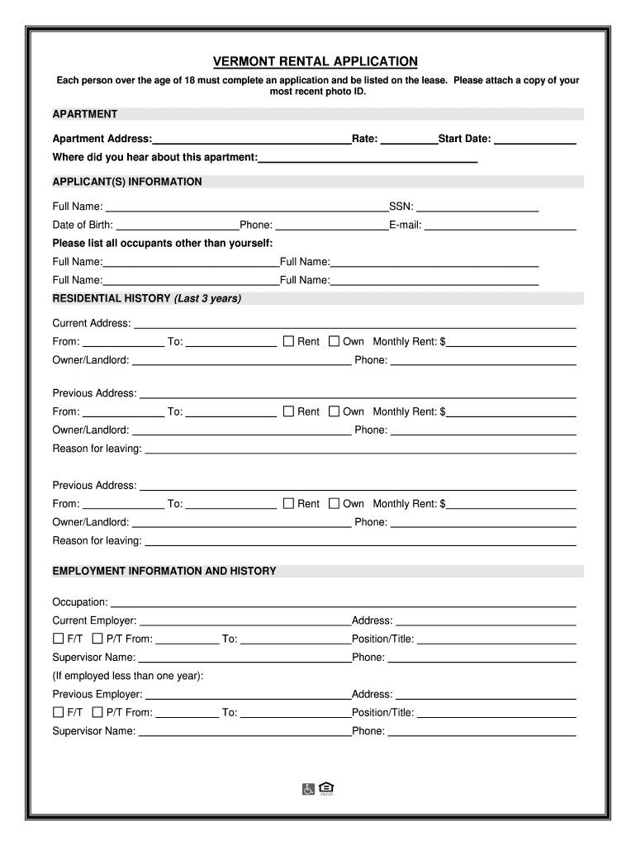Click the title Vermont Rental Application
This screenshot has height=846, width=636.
coord(316,62)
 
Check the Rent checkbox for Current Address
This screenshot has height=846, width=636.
coord(288,341)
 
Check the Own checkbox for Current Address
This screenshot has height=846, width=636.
coord(334,341)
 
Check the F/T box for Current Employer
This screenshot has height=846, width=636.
coord(58,639)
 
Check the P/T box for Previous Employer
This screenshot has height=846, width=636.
coord(97,712)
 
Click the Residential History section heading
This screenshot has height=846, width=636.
coord(146,298)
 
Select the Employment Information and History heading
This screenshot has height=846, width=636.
coord(164,571)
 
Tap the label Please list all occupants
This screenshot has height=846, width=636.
coord(162,243)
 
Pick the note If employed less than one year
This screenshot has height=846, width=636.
coord(128,676)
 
